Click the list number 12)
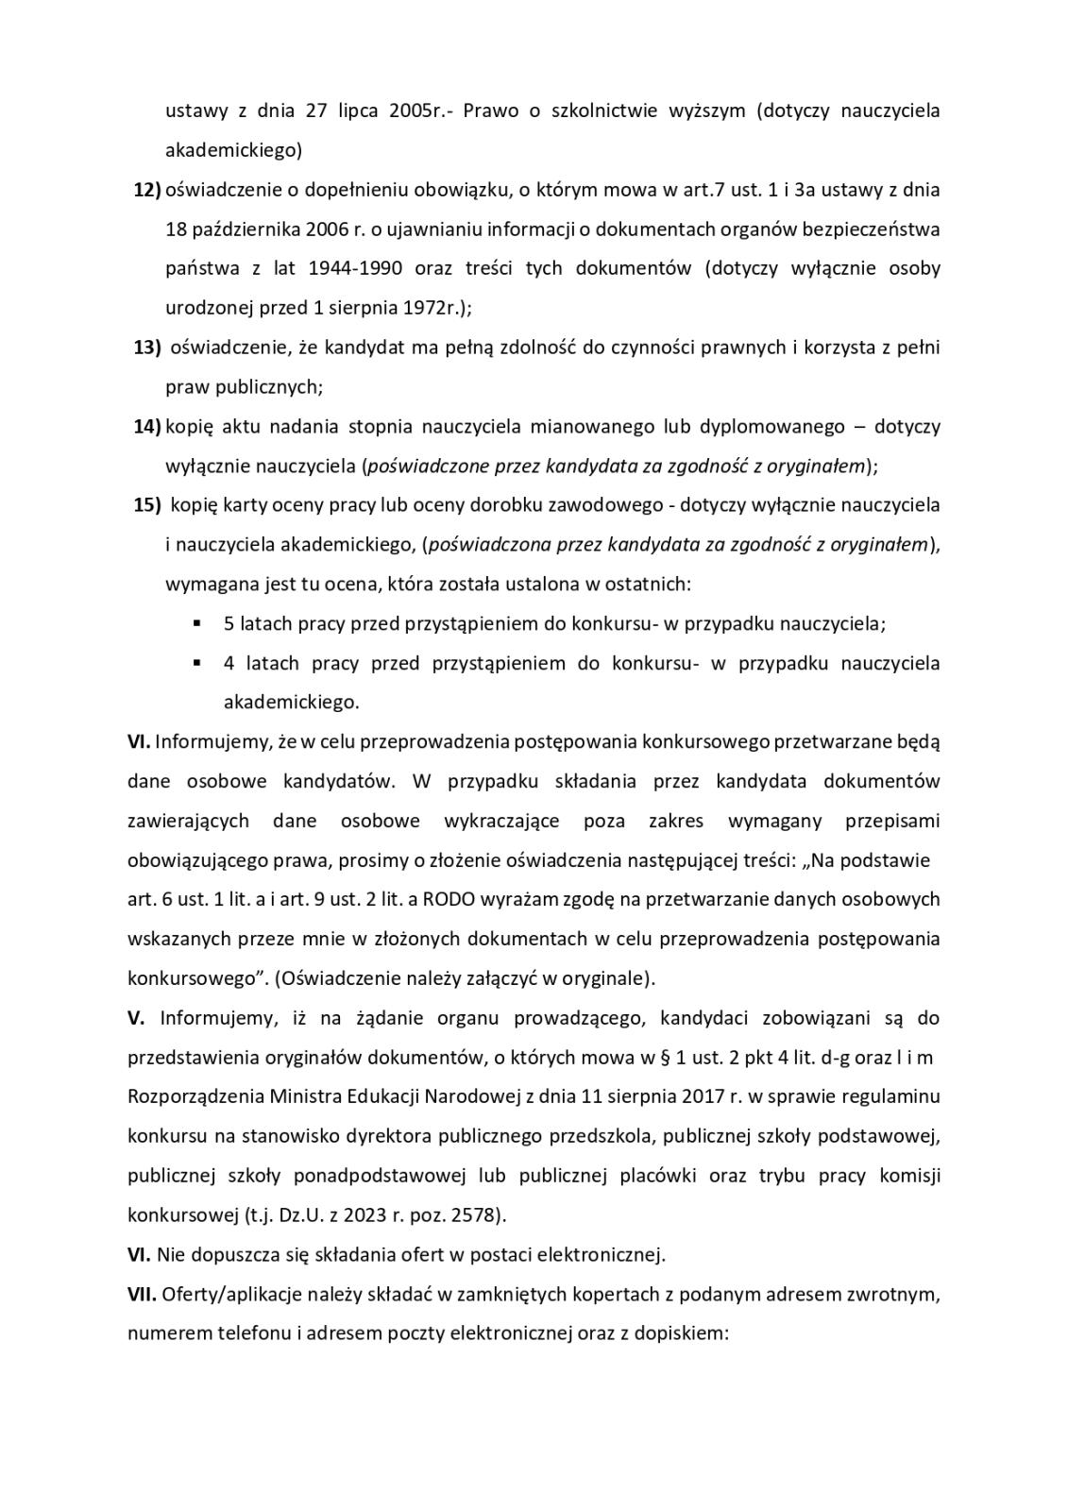(x=146, y=190)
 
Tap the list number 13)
(x=146, y=348)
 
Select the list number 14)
(x=146, y=427)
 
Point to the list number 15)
(x=146, y=505)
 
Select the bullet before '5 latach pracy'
(x=196, y=623)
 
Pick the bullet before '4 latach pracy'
(x=196, y=663)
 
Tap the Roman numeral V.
(x=135, y=1018)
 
